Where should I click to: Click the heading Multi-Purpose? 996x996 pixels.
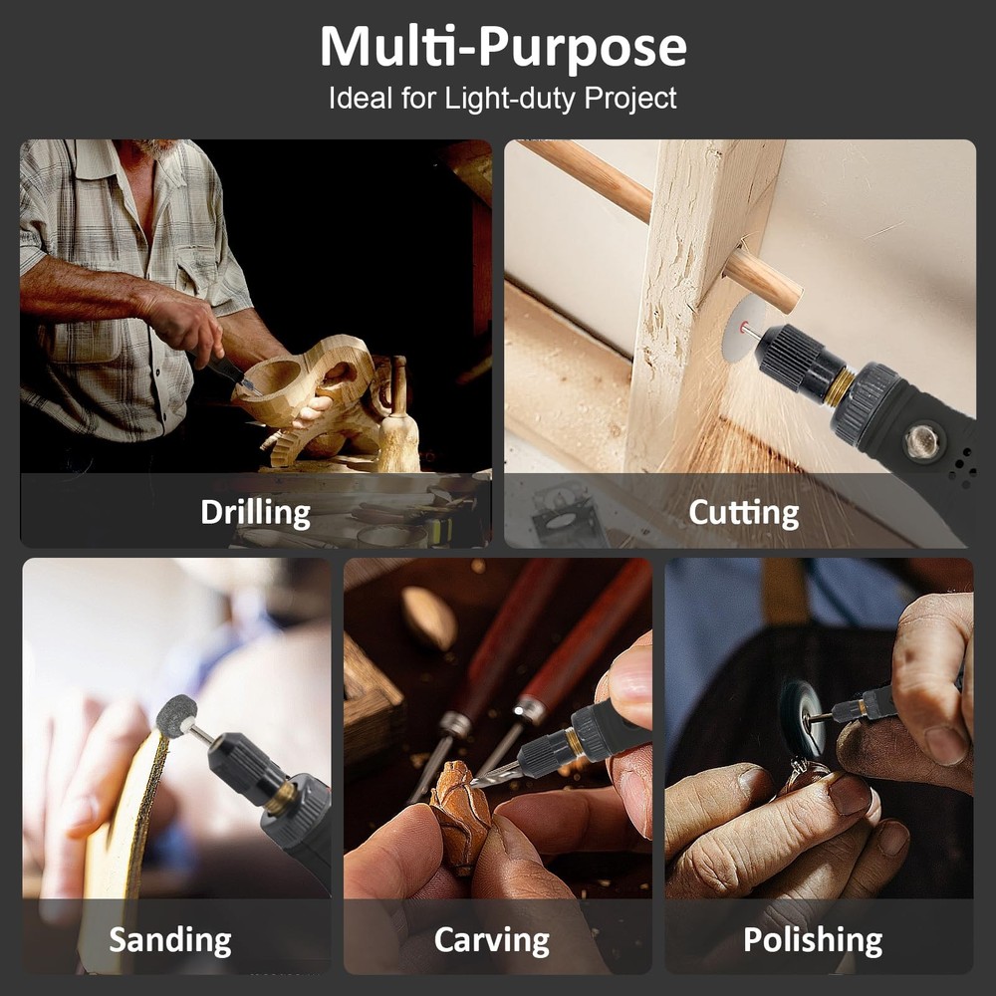(502, 47)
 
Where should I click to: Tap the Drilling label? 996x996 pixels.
(255, 513)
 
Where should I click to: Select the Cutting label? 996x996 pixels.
(743, 513)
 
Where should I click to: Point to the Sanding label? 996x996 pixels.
(170, 940)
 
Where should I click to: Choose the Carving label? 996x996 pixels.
(492, 940)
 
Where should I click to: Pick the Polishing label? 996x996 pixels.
(813, 940)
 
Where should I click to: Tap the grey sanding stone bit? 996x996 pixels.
(176, 716)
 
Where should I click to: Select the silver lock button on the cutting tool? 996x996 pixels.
(919, 441)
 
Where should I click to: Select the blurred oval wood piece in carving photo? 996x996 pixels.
(429, 619)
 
